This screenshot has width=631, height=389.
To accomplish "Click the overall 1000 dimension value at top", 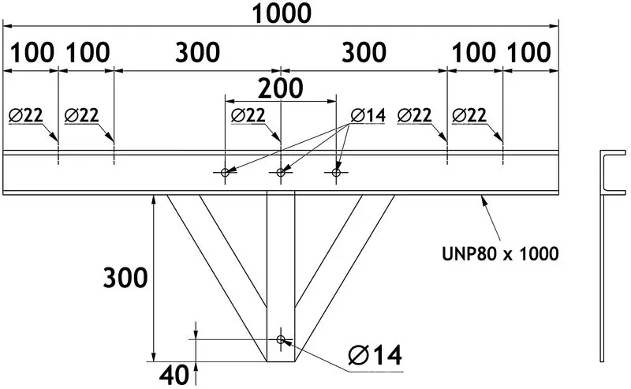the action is point(282,13).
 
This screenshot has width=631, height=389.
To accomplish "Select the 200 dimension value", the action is point(280,88).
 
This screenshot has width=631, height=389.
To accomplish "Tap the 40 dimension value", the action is point(174,376).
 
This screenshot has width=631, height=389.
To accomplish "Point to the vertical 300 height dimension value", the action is point(125,278).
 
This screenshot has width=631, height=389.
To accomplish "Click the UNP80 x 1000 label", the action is point(500,254).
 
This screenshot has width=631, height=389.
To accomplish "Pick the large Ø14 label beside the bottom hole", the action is point(375,355).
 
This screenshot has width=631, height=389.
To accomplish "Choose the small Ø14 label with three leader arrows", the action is point(368,115).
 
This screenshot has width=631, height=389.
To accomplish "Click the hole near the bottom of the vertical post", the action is point(281,339).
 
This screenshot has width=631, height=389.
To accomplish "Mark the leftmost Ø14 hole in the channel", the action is point(225,172).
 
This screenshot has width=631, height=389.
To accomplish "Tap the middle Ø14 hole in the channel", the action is point(281,172).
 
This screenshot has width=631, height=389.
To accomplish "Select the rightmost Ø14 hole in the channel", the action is point(336,172).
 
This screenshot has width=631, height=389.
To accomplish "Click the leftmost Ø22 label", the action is point(25,115).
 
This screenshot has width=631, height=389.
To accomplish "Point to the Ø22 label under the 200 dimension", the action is point(248,115).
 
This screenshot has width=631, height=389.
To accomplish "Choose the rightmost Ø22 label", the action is point(469,115).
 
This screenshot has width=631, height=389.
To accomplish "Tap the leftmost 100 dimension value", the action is point(32,53).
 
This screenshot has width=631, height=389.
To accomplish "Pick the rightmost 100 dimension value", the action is point(528,53).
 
